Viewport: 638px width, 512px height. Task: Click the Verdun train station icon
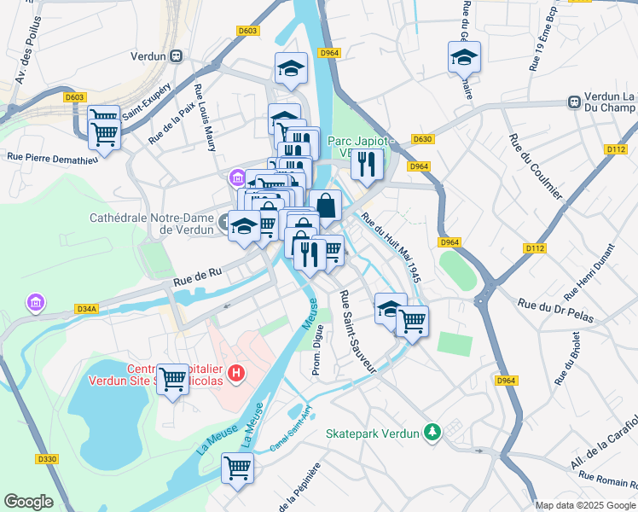point(177,56)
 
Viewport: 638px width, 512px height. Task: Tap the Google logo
point(28,502)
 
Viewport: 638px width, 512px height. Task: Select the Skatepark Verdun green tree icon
point(433,433)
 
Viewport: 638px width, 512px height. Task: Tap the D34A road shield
point(87,308)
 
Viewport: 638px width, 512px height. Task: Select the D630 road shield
point(422,139)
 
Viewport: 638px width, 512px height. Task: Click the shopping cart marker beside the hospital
point(172,379)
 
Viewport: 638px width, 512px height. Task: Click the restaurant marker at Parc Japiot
point(367,163)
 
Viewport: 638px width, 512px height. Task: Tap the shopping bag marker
point(326,205)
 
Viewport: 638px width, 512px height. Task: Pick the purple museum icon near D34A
point(35,303)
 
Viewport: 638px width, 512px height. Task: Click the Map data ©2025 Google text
point(585,505)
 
